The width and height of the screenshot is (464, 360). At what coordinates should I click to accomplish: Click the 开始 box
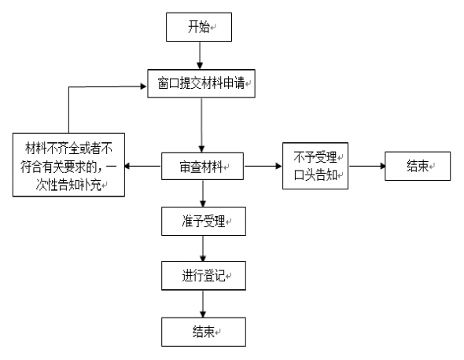(x=199, y=27)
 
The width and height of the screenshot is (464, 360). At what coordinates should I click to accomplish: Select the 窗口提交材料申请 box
(x=201, y=84)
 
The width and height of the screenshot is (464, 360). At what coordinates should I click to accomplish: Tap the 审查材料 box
(x=202, y=167)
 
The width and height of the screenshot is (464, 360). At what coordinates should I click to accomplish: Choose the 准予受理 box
(x=204, y=221)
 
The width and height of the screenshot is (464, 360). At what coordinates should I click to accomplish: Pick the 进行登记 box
(x=204, y=276)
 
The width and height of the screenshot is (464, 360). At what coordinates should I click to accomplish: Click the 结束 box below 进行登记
(x=204, y=332)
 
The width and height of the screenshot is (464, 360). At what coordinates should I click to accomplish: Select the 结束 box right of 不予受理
(x=418, y=166)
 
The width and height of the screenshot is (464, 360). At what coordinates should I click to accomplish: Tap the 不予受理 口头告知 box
(x=315, y=166)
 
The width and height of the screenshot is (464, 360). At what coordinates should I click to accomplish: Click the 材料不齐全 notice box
(x=68, y=165)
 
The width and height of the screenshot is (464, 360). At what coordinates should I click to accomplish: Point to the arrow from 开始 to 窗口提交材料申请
(x=200, y=56)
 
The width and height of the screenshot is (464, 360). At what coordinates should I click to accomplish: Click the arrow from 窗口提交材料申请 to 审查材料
(x=201, y=126)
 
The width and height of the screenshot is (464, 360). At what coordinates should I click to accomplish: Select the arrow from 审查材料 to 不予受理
(x=263, y=166)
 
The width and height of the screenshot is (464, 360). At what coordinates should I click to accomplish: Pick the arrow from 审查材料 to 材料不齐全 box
(x=143, y=166)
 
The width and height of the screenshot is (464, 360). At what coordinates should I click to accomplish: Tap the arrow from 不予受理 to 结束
(x=366, y=166)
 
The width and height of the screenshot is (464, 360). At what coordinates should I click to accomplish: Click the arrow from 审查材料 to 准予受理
(x=203, y=193)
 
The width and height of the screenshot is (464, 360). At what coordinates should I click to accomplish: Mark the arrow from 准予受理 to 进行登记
(x=203, y=248)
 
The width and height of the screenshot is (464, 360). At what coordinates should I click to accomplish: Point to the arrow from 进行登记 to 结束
(x=203, y=303)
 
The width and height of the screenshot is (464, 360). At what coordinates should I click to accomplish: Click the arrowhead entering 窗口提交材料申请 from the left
(x=144, y=86)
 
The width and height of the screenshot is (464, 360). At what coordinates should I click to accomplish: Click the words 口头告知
(x=315, y=175)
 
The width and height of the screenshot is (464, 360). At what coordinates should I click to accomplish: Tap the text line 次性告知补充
(x=68, y=185)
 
